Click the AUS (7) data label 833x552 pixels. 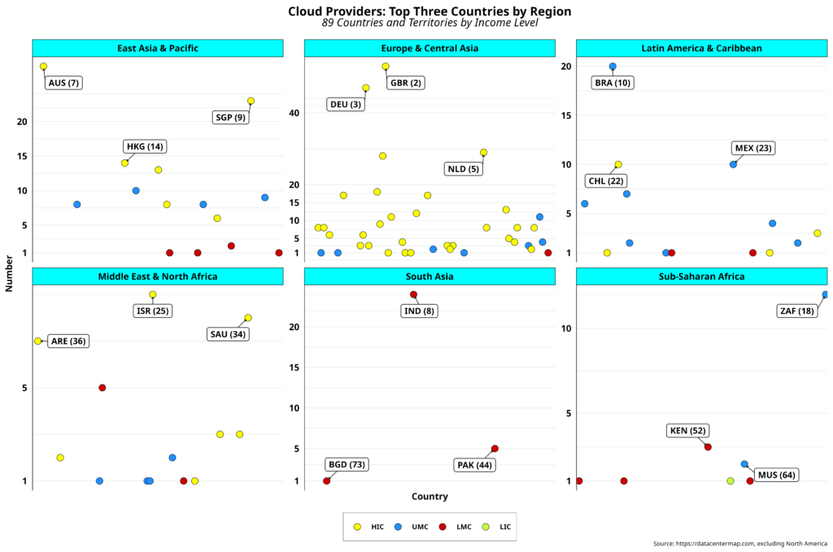pyautogui.click(x=63, y=83)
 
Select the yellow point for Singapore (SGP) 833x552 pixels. pyautogui.click(x=251, y=101)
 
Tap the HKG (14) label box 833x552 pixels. pyautogui.click(x=145, y=147)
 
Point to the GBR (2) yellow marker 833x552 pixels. pyautogui.click(x=386, y=67)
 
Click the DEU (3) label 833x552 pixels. pyautogui.click(x=345, y=104)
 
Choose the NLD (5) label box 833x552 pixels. pyautogui.click(x=463, y=169)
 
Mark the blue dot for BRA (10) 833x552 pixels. pyautogui.click(x=613, y=67)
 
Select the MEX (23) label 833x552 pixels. pyautogui.click(x=752, y=148)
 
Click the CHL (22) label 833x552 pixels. pyautogui.click(x=607, y=180)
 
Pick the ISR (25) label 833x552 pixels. pyautogui.click(x=153, y=311)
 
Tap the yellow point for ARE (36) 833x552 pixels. pyautogui.click(x=37, y=341)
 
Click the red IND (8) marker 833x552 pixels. pyautogui.click(x=413, y=294)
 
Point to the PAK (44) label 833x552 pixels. pyautogui.click(x=475, y=465)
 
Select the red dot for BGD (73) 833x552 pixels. pyautogui.click(x=327, y=481)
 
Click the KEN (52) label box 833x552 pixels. pyautogui.click(x=687, y=430)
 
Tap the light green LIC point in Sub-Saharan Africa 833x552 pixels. pyautogui.click(x=730, y=481)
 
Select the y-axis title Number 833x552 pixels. pyautogui.click(x=9, y=273)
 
